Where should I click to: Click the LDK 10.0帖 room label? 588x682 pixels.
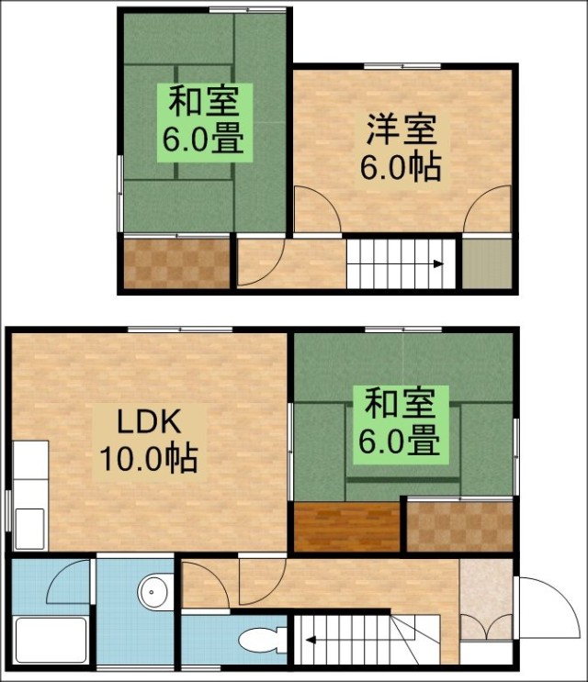149,442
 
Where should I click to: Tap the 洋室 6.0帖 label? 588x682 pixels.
401,148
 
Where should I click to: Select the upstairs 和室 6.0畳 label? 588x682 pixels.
205,123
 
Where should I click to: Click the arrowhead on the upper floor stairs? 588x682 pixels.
439,264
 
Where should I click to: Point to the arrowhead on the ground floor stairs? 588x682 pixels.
311,640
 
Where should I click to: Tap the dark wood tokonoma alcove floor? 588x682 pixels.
347,526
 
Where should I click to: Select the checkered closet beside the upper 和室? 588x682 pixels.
176,263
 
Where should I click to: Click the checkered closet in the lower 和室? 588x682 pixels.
460,526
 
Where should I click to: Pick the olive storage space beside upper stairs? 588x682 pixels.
487,263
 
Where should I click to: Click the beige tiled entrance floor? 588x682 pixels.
486,598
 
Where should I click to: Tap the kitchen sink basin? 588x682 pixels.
30,528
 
